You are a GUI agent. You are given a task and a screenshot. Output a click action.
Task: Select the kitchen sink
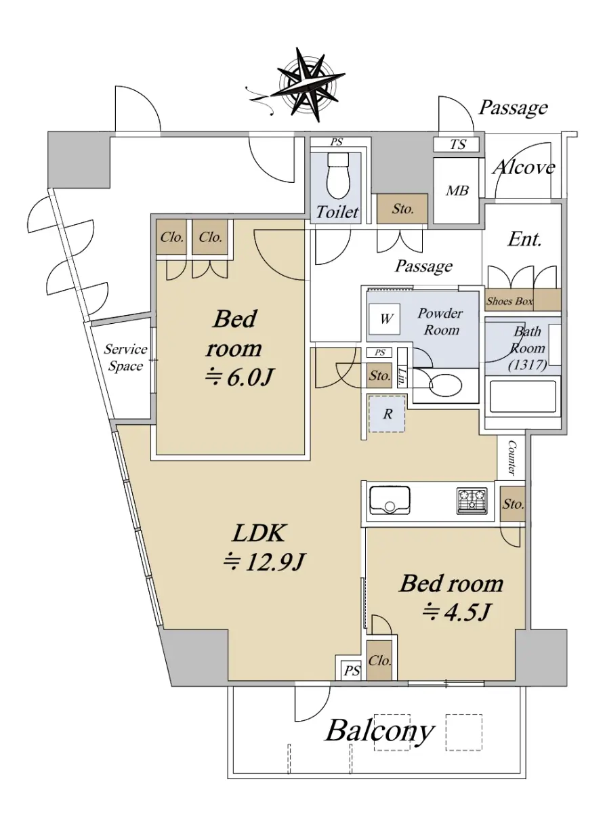(x=390, y=501)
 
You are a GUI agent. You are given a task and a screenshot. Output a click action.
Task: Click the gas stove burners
(x=472, y=501)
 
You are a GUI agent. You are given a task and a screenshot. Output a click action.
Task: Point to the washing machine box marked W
(x=385, y=318)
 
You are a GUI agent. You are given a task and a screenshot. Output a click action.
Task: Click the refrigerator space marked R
(x=388, y=414)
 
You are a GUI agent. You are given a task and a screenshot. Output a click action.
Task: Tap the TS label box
(x=457, y=144)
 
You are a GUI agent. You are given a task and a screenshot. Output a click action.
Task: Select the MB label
(x=457, y=190)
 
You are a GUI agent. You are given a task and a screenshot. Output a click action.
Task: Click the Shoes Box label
(x=509, y=301)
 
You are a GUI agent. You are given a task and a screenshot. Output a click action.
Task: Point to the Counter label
(x=512, y=458)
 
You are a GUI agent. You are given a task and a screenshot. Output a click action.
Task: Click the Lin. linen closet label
(x=402, y=377)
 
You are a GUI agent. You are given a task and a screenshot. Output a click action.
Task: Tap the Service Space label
(x=125, y=358)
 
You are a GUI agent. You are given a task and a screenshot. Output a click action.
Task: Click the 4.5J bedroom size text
(x=456, y=612)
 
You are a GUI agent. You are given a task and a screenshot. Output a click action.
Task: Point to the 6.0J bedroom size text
(x=239, y=377)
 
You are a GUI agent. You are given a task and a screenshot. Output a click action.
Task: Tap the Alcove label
(x=524, y=167)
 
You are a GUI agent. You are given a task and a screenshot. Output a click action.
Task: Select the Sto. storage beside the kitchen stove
(x=513, y=504)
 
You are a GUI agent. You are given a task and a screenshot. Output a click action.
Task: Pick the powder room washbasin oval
(x=446, y=385)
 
